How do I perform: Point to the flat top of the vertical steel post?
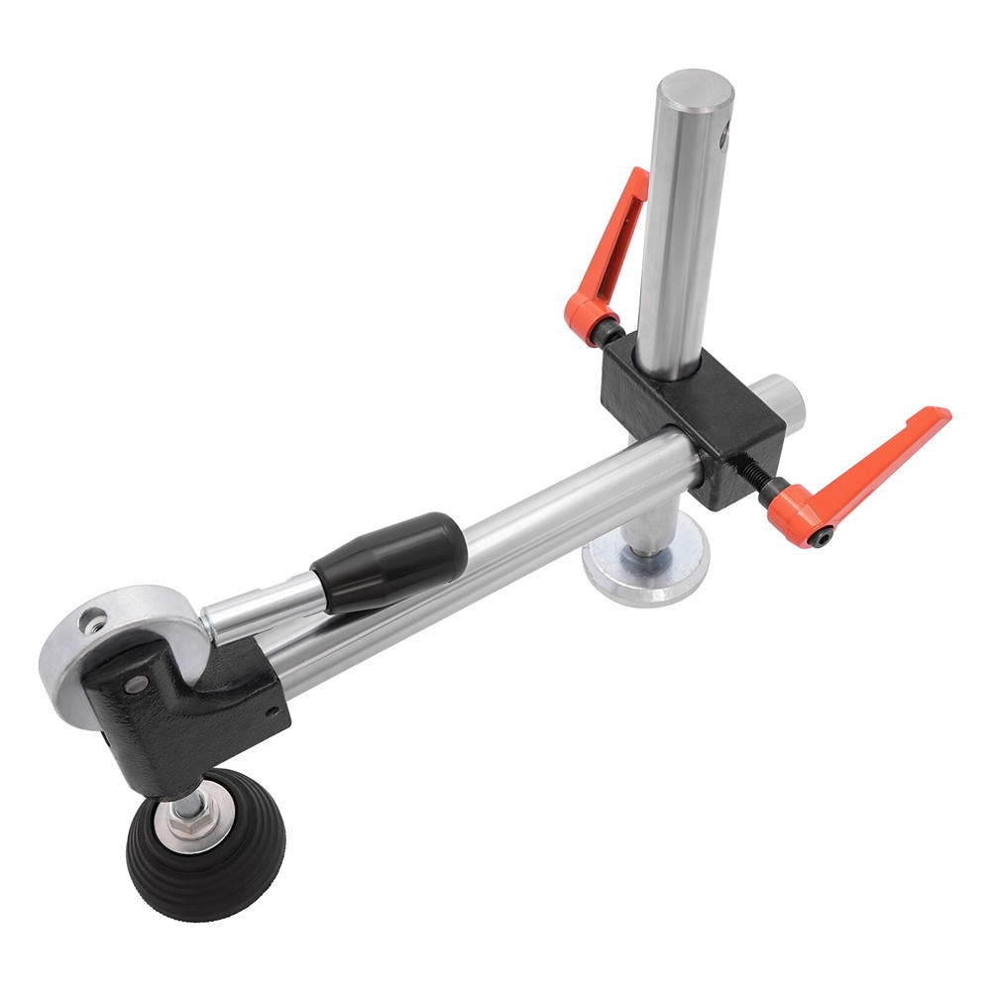coord(693,90)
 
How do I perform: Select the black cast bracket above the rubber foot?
coord(178,704)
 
